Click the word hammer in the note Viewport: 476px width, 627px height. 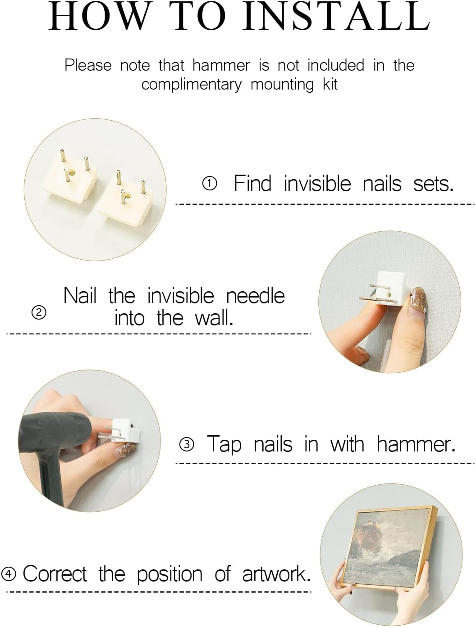click(x=221, y=65)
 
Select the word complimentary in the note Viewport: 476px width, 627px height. click(x=192, y=85)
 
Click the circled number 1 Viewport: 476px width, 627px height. click(x=210, y=184)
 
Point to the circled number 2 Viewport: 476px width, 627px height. click(x=39, y=313)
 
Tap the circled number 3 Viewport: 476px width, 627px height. click(x=187, y=444)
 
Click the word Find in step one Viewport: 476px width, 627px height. click(x=252, y=183)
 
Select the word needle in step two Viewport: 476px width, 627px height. click(x=256, y=296)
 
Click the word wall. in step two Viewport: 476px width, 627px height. click(x=214, y=318)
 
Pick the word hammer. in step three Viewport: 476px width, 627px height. click(x=416, y=444)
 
